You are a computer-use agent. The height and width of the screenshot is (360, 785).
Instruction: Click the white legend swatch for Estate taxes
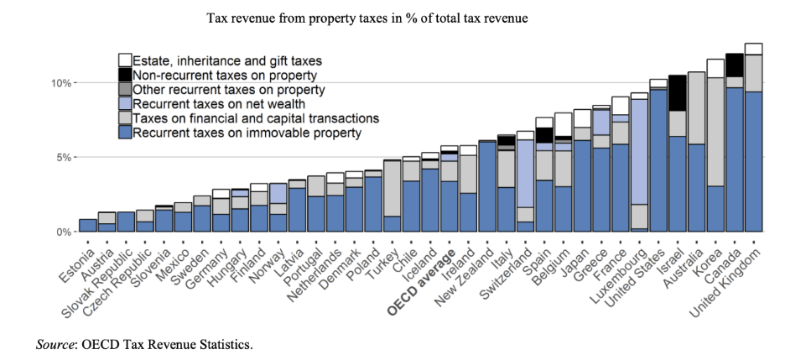coord(124,60)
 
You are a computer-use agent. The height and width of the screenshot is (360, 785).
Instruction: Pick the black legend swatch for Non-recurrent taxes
coord(124,75)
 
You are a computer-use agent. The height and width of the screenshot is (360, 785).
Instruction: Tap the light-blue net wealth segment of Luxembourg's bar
coord(639,151)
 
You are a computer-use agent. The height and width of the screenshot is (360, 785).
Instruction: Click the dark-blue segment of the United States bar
coord(658,159)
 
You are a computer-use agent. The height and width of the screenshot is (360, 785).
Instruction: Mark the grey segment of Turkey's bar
coord(392,189)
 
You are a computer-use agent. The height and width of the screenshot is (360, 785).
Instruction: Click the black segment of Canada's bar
coord(734,65)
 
